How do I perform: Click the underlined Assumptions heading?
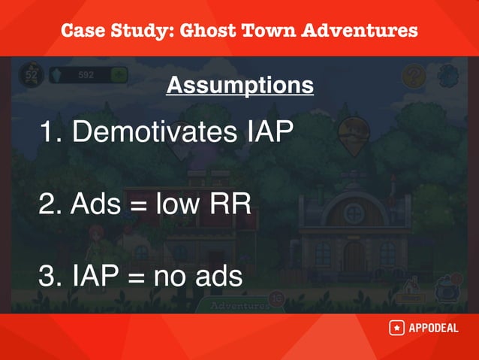(239, 86)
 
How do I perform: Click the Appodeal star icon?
(396, 328)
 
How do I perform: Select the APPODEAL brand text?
(433, 328)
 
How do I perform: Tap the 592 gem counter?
(86, 74)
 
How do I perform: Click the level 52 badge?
(32, 74)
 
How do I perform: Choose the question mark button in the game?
(414, 75)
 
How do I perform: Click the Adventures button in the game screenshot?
(239, 306)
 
